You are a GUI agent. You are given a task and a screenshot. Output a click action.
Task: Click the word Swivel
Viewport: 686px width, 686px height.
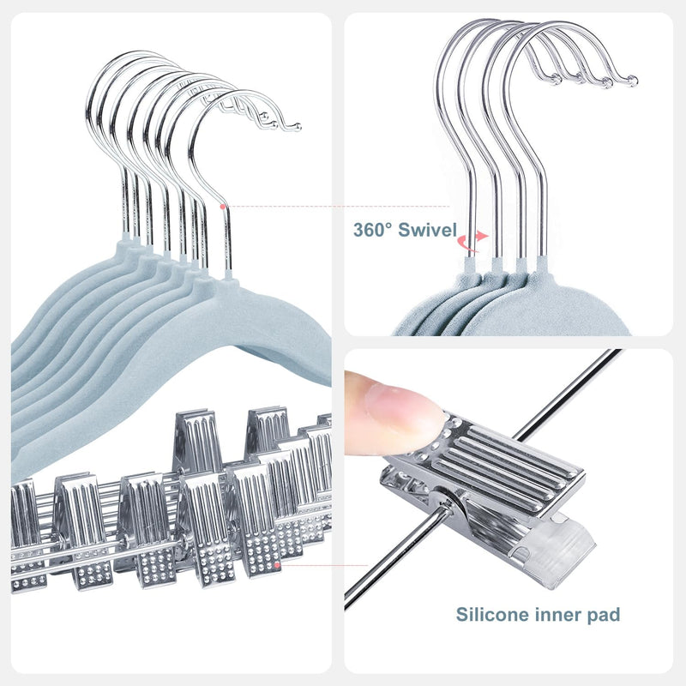point(427,230)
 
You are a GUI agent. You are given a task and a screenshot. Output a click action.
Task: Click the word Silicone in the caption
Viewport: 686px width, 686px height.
point(492,614)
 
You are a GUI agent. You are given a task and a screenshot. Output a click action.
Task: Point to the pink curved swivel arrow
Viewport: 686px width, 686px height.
point(473,241)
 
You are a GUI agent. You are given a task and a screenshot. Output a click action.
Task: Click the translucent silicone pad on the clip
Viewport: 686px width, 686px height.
point(556,551)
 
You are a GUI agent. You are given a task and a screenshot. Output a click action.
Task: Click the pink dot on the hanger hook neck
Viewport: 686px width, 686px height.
point(223,206)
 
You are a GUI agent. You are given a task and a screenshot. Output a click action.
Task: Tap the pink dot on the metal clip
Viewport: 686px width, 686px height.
point(277,565)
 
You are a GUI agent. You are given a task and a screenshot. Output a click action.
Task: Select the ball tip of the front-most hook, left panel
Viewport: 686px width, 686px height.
point(298,127)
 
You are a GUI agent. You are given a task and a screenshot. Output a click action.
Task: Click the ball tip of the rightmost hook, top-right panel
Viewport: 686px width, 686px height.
point(633,81)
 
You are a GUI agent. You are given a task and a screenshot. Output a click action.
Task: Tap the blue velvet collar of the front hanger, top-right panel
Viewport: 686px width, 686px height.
point(542,266)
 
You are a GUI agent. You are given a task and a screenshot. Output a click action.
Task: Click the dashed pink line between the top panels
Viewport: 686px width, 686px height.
point(338,206)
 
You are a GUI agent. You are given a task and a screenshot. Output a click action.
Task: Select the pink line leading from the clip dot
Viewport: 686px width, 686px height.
point(324,565)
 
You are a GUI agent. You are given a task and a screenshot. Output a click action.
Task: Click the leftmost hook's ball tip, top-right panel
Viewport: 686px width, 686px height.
point(555,79)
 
